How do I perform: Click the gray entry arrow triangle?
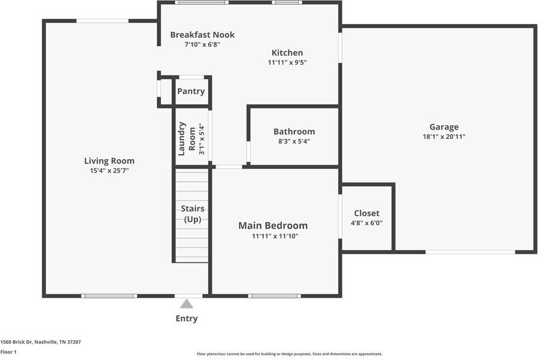(x=186, y=304)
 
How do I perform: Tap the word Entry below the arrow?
(x=187, y=319)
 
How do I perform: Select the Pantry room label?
(x=191, y=91)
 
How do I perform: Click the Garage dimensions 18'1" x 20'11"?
(x=444, y=137)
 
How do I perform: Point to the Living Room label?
(x=110, y=161)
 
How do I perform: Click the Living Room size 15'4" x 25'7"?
(x=110, y=170)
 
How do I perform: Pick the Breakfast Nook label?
(x=202, y=35)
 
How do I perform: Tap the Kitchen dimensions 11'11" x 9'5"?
(x=287, y=62)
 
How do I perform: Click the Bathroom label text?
(x=294, y=132)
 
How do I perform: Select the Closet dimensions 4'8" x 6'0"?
(x=367, y=223)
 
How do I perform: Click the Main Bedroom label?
(x=273, y=226)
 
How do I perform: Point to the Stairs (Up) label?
(x=193, y=214)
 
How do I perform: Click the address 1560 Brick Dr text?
(x=41, y=342)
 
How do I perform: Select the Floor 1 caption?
(x=8, y=352)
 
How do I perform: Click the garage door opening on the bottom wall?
(x=470, y=252)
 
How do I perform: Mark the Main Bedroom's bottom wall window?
(x=274, y=296)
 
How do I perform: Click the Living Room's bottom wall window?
(x=109, y=296)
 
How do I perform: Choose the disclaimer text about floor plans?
(x=290, y=354)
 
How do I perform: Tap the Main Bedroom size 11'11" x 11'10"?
(x=275, y=237)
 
